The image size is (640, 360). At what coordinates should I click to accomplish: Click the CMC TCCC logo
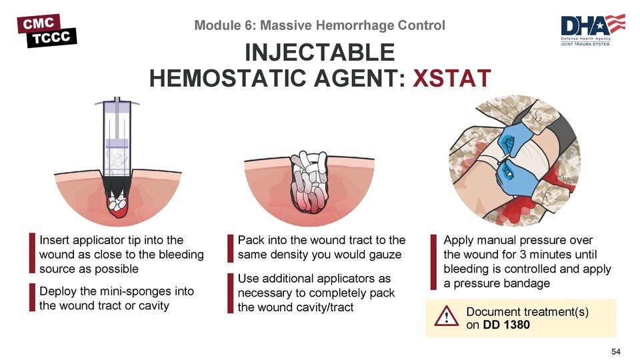click(x=47, y=31)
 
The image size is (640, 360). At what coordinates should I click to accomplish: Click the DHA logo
click(x=593, y=30)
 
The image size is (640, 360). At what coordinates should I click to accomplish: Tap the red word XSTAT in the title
click(x=452, y=79)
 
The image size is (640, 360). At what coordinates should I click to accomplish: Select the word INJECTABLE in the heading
click(x=319, y=52)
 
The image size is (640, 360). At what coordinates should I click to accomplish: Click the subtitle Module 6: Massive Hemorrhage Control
click(x=319, y=25)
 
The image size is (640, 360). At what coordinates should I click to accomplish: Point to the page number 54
click(x=615, y=351)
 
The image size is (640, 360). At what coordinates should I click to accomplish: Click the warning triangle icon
click(x=446, y=316)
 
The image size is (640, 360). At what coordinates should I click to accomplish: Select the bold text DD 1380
click(x=506, y=325)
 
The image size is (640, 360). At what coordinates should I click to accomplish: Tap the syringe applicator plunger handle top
click(x=117, y=102)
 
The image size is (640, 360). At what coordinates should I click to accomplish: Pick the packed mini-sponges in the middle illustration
click(x=309, y=181)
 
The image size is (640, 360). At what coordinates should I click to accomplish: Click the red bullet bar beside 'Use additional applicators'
click(x=230, y=293)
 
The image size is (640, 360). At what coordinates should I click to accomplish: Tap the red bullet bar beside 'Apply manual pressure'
click(x=433, y=262)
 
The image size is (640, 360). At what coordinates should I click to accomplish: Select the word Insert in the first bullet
click(x=54, y=240)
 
